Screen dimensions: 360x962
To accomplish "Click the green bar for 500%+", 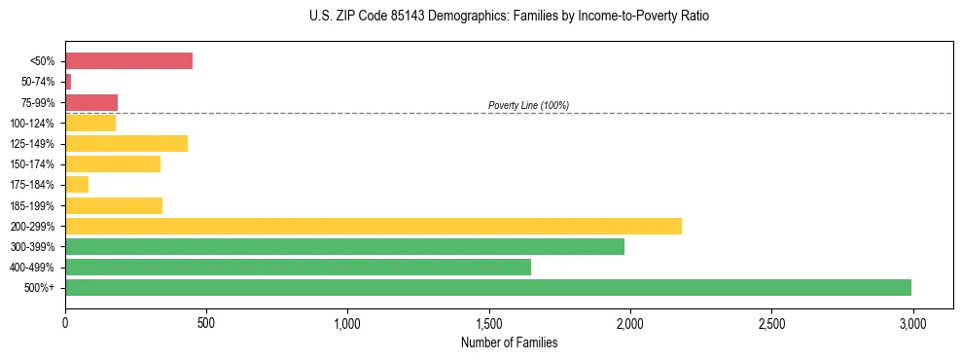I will (487, 288).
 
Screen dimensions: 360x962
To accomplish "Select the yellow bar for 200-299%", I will (374, 226).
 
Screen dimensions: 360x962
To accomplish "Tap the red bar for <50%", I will (128, 61).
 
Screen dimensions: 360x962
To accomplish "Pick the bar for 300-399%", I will (344, 247).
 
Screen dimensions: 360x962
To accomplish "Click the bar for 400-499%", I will (298, 268).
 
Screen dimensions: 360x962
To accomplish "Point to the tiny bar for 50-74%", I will (68, 82).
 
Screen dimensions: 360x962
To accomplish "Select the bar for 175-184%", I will (77, 185).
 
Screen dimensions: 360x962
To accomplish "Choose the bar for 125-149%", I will (126, 144).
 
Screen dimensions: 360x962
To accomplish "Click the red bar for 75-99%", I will (91, 102).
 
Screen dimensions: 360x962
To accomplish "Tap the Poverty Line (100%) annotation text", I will (528, 105).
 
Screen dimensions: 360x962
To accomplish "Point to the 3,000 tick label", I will (912, 321).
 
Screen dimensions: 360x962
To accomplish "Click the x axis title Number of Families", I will (509, 342).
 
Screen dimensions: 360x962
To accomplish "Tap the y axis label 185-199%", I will (32, 206).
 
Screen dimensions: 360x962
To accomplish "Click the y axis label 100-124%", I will (32, 124).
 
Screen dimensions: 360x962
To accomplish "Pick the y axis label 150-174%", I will (32, 164).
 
